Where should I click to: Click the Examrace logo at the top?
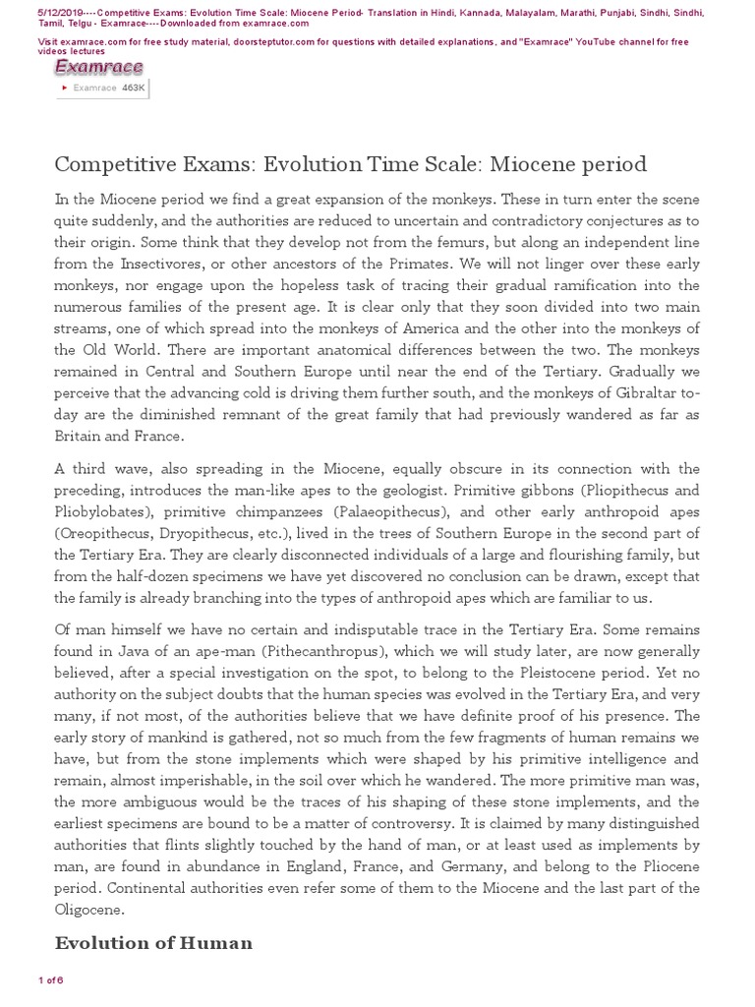pos(98,67)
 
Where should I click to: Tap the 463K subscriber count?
pos(134,88)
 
